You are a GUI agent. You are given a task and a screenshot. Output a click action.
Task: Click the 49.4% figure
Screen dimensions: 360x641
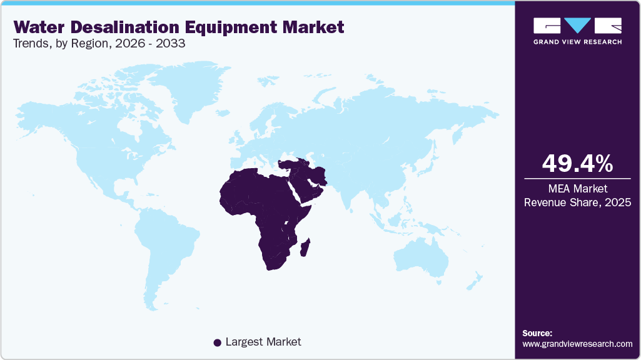coord(577,163)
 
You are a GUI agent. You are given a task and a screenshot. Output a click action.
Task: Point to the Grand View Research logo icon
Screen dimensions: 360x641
coord(577,26)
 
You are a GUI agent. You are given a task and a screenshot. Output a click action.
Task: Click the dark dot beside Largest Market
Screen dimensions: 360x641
coord(217,342)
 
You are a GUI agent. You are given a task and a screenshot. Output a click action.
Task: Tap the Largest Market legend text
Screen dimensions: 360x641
coord(263,342)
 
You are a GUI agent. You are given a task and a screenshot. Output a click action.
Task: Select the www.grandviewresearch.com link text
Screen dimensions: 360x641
coord(577,344)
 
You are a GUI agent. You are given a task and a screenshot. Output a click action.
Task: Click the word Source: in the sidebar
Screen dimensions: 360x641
coord(537,333)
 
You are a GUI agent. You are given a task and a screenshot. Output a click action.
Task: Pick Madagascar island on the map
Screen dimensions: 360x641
coord(306,247)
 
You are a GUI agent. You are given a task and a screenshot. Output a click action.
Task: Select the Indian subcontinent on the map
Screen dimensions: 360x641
coord(354,187)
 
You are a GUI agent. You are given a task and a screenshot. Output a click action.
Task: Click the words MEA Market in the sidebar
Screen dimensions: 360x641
coord(577,189)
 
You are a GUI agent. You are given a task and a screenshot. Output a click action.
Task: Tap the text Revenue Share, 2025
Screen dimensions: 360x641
coord(577,202)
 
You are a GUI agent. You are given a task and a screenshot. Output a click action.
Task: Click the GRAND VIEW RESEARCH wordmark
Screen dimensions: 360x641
coord(577,42)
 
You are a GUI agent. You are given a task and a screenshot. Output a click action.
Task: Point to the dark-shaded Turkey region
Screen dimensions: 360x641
coord(294,164)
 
